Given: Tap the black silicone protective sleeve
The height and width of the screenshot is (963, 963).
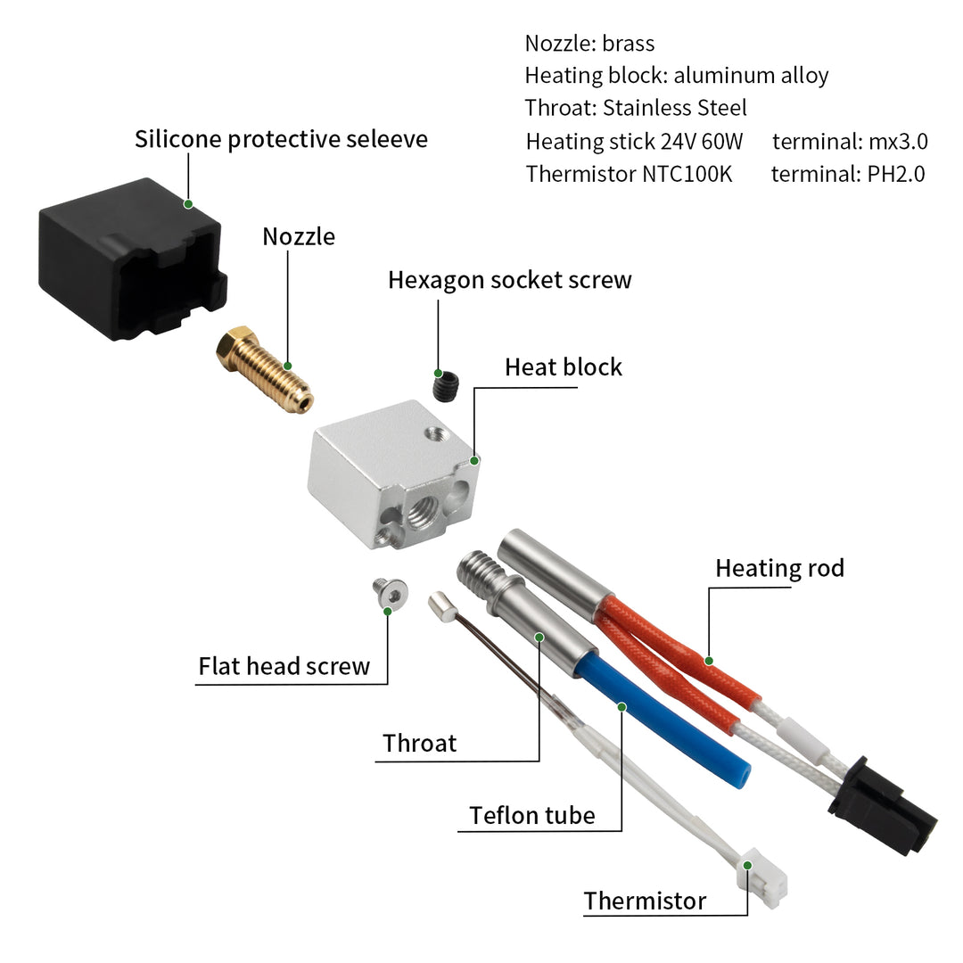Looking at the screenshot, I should [x=129, y=259].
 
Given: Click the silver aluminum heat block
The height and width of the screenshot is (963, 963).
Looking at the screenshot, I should [x=392, y=473].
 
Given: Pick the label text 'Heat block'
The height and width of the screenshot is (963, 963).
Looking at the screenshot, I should [x=564, y=367].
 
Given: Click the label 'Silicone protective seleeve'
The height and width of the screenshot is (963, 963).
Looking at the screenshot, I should [x=281, y=140].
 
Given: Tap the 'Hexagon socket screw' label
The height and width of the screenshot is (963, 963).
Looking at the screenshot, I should [x=509, y=280].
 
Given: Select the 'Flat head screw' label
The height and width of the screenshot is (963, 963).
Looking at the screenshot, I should [x=284, y=666].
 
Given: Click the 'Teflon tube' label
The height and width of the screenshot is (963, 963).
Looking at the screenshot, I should [x=532, y=815].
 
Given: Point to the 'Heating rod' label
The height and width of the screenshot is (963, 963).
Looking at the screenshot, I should [x=779, y=568].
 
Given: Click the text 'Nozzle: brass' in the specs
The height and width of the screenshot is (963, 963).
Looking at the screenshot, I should [x=589, y=44].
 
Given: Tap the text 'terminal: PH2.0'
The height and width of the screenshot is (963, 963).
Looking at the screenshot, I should [x=848, y=174].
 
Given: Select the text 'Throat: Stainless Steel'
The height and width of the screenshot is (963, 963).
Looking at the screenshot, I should [x=636, y=109].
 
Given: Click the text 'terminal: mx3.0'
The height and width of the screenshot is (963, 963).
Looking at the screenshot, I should [x=850, y=141].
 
